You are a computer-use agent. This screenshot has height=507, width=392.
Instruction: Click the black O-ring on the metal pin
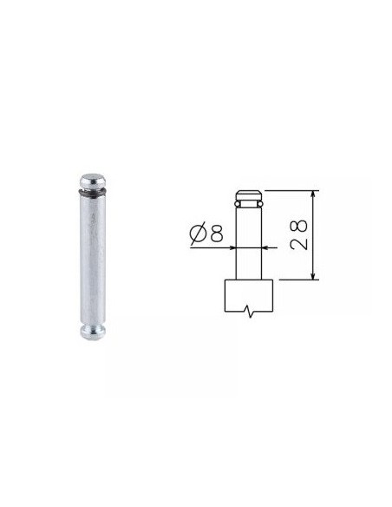[92, 193]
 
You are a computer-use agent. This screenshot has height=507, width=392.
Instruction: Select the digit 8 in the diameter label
[216, 234]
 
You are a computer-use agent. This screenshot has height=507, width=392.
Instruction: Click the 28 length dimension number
[298, 234]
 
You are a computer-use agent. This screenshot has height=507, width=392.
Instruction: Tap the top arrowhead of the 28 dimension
[312, 194]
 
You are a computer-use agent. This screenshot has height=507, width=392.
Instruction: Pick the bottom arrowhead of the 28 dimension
[312, 275]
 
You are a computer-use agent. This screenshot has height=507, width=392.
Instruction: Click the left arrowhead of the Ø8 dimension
[232, 247]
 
